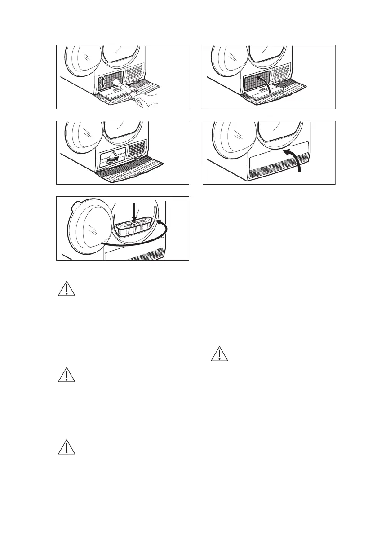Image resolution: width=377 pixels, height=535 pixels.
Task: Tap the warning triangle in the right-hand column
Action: pos(220,354)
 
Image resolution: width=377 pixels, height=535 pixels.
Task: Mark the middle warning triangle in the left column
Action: pos(67,376)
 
